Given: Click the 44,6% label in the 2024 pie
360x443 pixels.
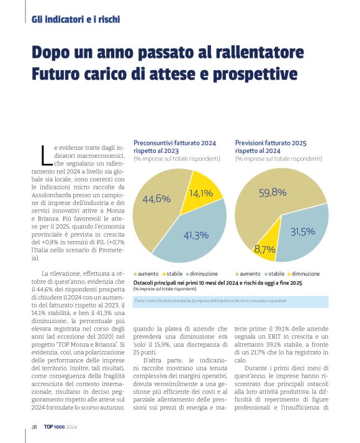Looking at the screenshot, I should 156,199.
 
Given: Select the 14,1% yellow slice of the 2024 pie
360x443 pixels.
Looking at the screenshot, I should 201,193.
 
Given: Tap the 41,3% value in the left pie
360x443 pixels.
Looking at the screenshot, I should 196,235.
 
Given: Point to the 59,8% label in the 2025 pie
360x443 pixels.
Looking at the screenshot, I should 272,193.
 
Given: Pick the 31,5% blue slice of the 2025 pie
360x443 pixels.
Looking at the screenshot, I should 303,232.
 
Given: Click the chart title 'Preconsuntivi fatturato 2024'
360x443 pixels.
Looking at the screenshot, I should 174,143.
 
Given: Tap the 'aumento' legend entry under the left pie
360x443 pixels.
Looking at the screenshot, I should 147,273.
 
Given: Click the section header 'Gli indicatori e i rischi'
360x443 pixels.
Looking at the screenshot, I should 75,19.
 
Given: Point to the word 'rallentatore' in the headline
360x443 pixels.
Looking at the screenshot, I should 254,52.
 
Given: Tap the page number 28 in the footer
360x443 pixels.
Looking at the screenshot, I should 35,427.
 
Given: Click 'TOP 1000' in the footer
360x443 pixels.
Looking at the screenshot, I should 55,427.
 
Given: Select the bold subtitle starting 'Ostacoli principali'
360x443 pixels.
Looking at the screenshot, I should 217,283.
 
